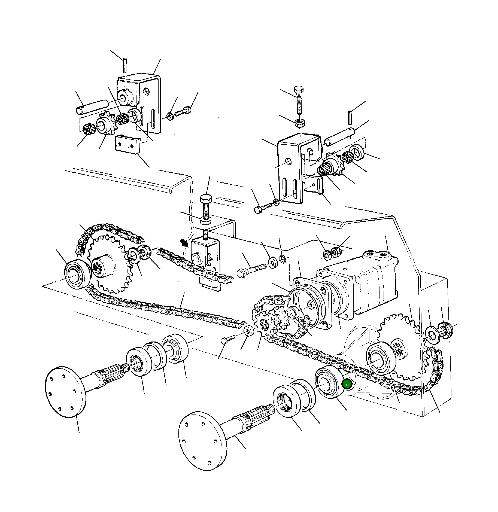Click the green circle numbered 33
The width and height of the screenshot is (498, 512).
click(x=347, y=385)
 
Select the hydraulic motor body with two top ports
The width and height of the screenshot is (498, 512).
click(x=362, y=278)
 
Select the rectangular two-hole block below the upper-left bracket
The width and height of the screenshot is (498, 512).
click(x=127, y=145)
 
